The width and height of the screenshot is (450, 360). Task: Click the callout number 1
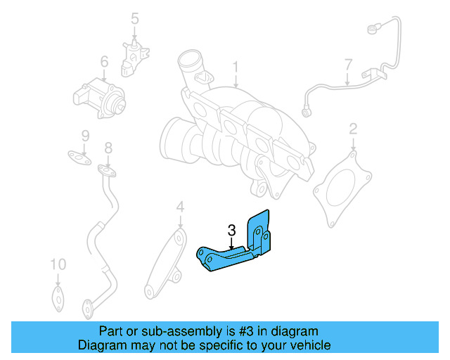pyautogui.click(x=236, y=68)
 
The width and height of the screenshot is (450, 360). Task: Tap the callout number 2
pyautogui.click(x=353, y=129)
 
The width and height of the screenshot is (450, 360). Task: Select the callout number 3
pyautogui.click(x=231, y=230)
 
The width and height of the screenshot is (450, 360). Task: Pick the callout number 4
pyautogui.click(x=180, y=207)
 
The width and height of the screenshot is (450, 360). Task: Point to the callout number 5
pyautogui.click(x=135, y=19)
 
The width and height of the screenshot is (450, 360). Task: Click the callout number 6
pyautogui.click(x=103, y=63)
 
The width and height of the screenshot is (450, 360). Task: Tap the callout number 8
pyautogui.click(x=108, y=148)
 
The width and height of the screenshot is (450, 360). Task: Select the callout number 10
pyautogui.click(x=58, y=265)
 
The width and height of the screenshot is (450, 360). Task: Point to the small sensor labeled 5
pyautogui.click(x=133, y=56)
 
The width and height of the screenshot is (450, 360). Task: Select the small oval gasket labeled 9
pyautogui.click(x=79, y=156)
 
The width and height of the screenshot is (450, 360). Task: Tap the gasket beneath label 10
pyautogui.click(x=58, y=295)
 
